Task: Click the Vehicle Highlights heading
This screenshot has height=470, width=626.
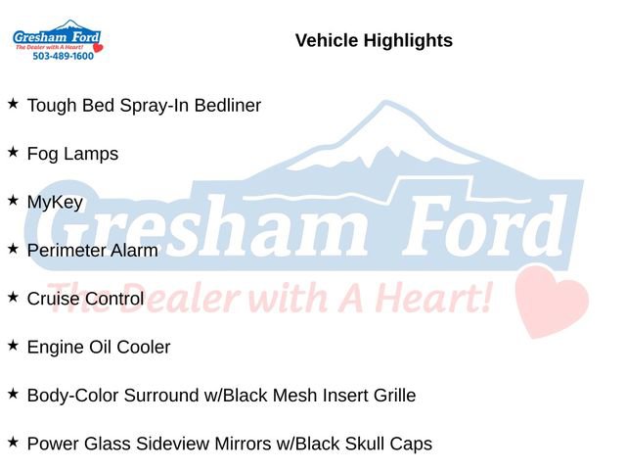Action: (374, 40)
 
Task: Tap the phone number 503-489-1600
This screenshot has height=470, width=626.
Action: (63, 57)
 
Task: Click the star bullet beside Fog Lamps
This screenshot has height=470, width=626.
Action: (13, 152)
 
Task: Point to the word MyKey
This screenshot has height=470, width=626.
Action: (55, 203)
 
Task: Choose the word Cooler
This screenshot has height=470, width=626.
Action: (144, 348)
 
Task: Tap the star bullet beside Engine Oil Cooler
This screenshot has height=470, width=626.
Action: (13, 346)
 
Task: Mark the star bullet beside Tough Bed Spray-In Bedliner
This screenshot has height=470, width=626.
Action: (13, 103)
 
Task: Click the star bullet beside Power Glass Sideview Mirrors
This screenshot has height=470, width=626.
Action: (13, 443)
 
